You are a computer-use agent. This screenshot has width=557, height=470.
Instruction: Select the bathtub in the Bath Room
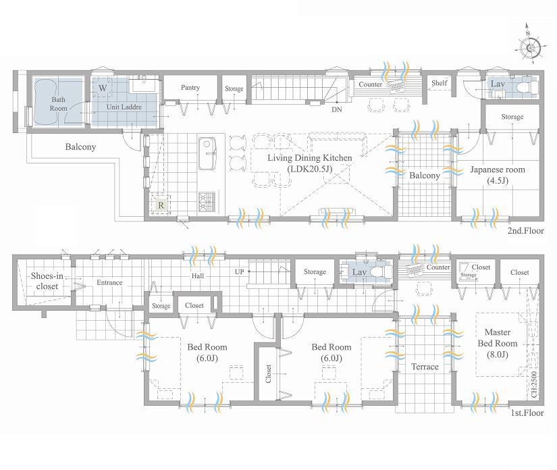[x=48, y=101]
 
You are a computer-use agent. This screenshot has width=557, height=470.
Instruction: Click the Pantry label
[x=190, y=88]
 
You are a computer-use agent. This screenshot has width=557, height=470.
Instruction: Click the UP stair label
[x=239, y=271]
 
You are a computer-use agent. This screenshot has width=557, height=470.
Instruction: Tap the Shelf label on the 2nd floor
[x=439, y=84]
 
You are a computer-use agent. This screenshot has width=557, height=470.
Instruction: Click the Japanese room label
[x=497, y=175]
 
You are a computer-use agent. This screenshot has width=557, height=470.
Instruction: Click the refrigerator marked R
[x=161, y=204]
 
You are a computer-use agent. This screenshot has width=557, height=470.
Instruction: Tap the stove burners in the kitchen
[x=206, y=200]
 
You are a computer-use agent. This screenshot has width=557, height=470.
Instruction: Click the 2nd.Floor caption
[x=526, y=231]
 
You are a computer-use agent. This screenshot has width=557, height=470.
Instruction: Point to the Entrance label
[x=109, y=282]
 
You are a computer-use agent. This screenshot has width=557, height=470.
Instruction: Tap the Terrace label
[x=425, y=367]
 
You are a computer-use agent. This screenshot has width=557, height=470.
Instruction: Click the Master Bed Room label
[x=498, y=338]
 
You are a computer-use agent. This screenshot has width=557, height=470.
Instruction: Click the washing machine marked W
[x=103, y=88]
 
